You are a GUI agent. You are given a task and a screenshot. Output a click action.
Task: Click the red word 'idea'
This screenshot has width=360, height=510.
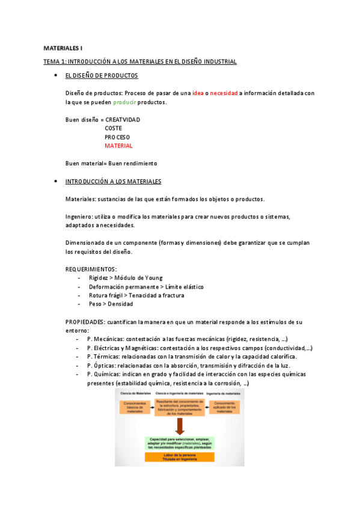pyautogui.click(x=198, y=93)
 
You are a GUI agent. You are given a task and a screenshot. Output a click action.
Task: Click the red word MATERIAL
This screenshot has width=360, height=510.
pyautogui.click(x=118, y=146)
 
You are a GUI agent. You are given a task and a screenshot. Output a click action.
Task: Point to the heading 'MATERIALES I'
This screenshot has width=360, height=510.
pyautogui.click(x=63, y=48)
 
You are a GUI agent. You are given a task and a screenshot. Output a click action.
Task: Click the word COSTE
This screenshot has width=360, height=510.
pyautogui.click(x=114, y=128)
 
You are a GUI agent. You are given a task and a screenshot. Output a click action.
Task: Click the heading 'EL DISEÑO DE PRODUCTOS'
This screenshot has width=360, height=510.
pyautogui.click(x=102, y=76)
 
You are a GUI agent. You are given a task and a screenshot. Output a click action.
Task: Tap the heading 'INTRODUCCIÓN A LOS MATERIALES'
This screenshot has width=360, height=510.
pyautogui.click(x=113, y=181)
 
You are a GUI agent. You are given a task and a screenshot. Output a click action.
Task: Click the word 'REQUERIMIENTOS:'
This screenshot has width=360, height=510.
pyautogui.click(x=91, y=269)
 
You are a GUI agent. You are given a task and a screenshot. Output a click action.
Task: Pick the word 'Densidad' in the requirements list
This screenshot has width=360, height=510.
pyautogui.click(x=120, y=304)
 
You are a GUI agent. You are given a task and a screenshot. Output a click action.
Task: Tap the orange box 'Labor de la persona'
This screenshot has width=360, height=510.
pyautogui.click(x=180, y=456)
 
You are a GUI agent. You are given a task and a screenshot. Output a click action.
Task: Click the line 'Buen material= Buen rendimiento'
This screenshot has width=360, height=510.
pyautogui.click(x=111, y=163)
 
